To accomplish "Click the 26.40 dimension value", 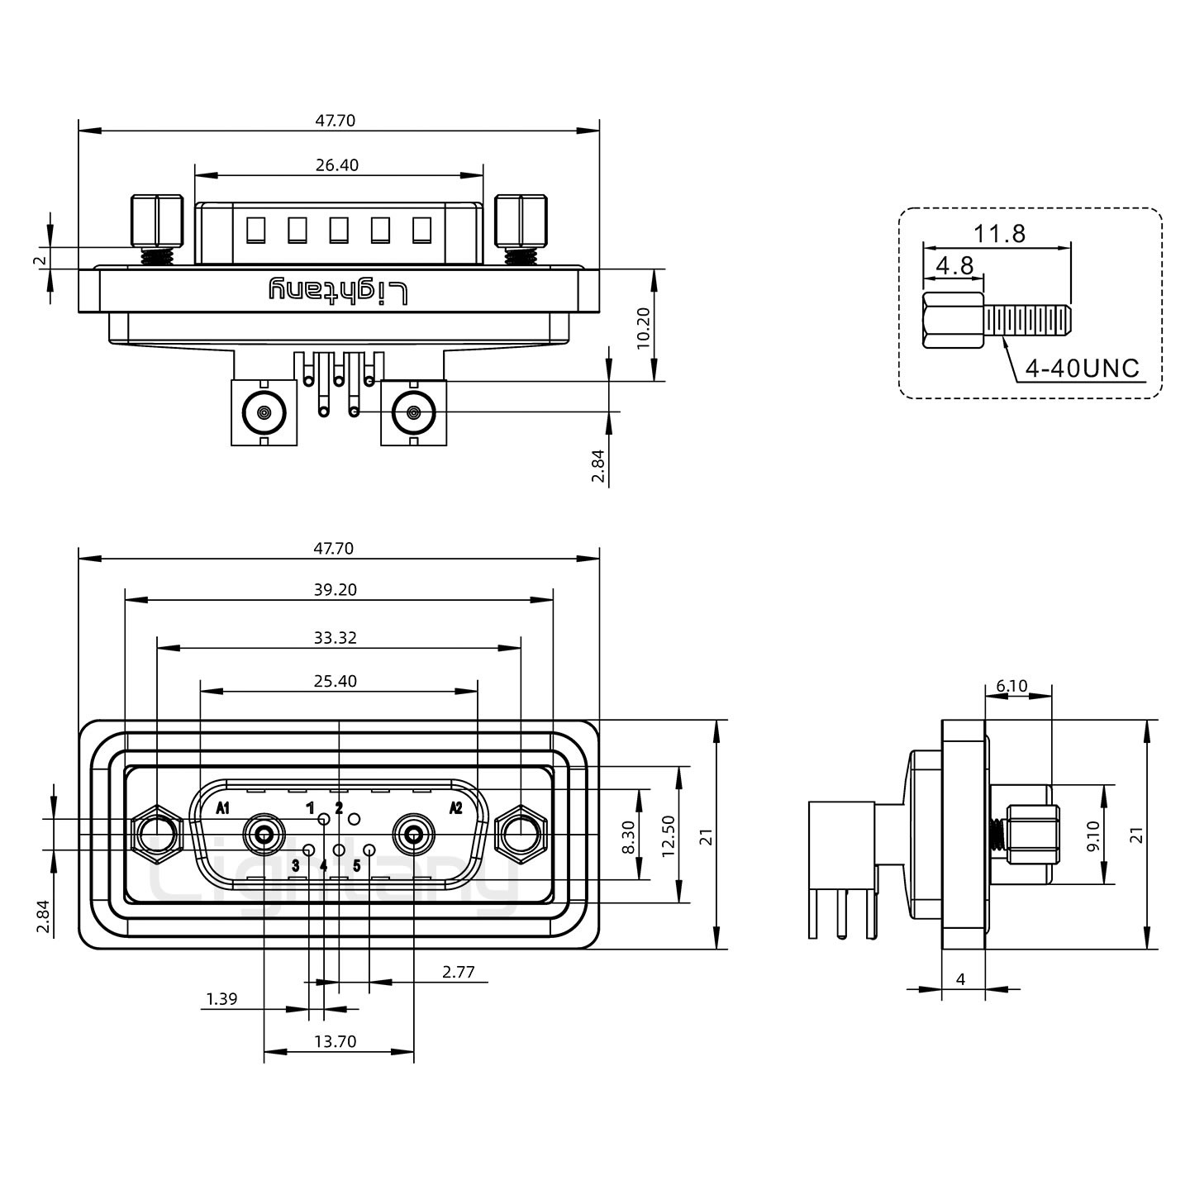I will tap(337, 165).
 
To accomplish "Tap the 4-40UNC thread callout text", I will tap(1082, 369).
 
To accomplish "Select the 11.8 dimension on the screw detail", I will tap(998, 234).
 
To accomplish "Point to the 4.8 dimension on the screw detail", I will tap(954, 266).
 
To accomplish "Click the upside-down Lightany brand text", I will tap(339, 289).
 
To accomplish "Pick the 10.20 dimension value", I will tap(645, 328).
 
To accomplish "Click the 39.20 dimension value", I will tap(336, 590).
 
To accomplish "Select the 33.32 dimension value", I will tap(336, 637).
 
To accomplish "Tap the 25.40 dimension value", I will tap(336, 681).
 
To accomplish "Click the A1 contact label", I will tap(223, 808).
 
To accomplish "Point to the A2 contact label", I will tap(455, 808).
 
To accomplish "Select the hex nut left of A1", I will tap(155, 835).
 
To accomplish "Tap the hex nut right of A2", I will tap(520, 835).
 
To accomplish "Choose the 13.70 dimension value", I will tap(336, 1041).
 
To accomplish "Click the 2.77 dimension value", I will tap(458, 972).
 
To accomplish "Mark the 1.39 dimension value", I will tap(221, 999).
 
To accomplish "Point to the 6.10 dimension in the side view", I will tap(1011, 686).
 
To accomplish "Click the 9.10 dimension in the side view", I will tap(1093, 835).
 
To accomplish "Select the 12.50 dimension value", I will tap(669, 835).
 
